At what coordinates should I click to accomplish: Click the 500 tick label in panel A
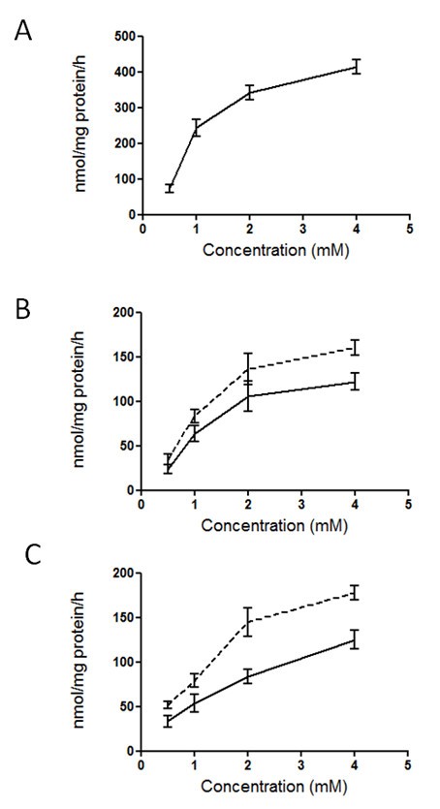tap(122, 37)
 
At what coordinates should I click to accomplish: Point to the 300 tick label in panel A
tap(122, 108)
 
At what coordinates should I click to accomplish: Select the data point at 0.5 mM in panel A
tap(170, 187)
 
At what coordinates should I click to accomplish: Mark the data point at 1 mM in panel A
tap(196, 127)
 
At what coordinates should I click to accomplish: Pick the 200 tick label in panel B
tap(122, 313)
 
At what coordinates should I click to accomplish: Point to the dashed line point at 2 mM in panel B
tap(249, 368)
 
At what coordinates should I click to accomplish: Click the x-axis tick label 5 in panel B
tap(408, 505)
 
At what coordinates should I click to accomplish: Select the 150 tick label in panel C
tap(122, 617)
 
